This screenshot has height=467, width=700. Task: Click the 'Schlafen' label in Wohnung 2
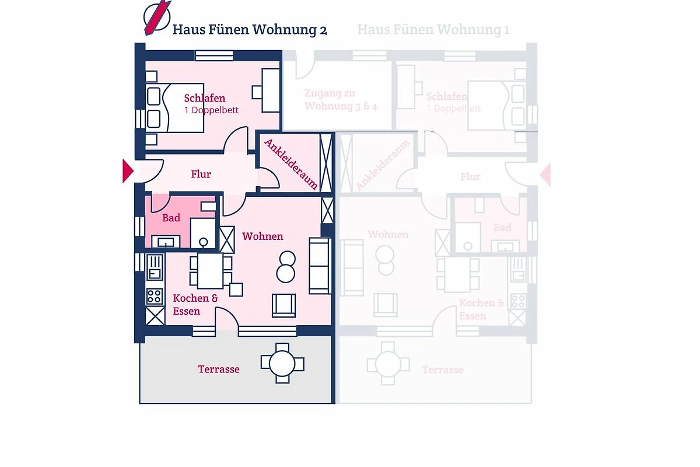click(x=204, y=98)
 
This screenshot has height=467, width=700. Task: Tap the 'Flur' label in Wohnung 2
click(x=201, y=174)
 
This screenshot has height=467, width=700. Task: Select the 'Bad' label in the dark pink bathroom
click(x=171, y=218)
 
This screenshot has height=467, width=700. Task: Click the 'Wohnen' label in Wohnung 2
click(x=262, y=236)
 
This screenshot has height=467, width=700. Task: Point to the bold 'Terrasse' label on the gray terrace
click(x=219, y=369)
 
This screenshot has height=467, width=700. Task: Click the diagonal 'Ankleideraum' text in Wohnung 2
click(x=291, y=164)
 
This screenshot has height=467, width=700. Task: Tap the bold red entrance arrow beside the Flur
click(x=128, y=171)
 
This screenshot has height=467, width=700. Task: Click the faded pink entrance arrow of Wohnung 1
click(x=545, y=175)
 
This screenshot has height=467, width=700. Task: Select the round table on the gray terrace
click(x=282, y=364)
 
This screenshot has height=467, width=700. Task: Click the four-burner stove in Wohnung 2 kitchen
click(x=155, y=296)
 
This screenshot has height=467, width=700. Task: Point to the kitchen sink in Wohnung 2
click(x=155, y=267)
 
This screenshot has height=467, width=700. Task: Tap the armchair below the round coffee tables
click(x=283, y=306)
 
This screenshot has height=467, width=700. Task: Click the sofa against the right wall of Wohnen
click(x=319, y=266)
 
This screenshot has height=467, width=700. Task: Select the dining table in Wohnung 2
click(x=211, y=270)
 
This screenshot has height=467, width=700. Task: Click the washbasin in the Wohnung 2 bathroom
click(x=166, y=242)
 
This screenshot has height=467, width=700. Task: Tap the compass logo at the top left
click(x=157, y=18)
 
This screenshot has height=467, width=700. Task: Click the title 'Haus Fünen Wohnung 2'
click(x=250, y=30)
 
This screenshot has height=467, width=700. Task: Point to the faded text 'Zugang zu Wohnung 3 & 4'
click(x=341, y=100)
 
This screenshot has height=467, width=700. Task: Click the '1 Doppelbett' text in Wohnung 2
click(x=211, y=110)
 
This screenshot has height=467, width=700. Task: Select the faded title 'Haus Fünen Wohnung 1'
click(x=433, y=30)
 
